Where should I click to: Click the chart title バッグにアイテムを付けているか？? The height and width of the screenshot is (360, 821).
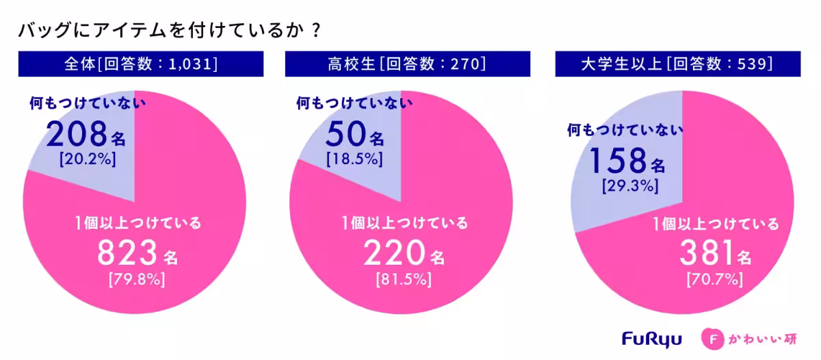coord(168,31)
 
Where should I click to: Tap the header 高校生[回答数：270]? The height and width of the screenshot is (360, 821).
coord(402,64)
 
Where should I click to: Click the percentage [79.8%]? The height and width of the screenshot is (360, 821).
coord(137,280)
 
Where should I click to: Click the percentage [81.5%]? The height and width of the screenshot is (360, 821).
coord(403,280)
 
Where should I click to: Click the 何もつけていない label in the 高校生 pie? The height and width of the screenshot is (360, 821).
coord(354,104)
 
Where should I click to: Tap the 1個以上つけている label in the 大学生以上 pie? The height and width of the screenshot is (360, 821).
coord(716,224)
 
